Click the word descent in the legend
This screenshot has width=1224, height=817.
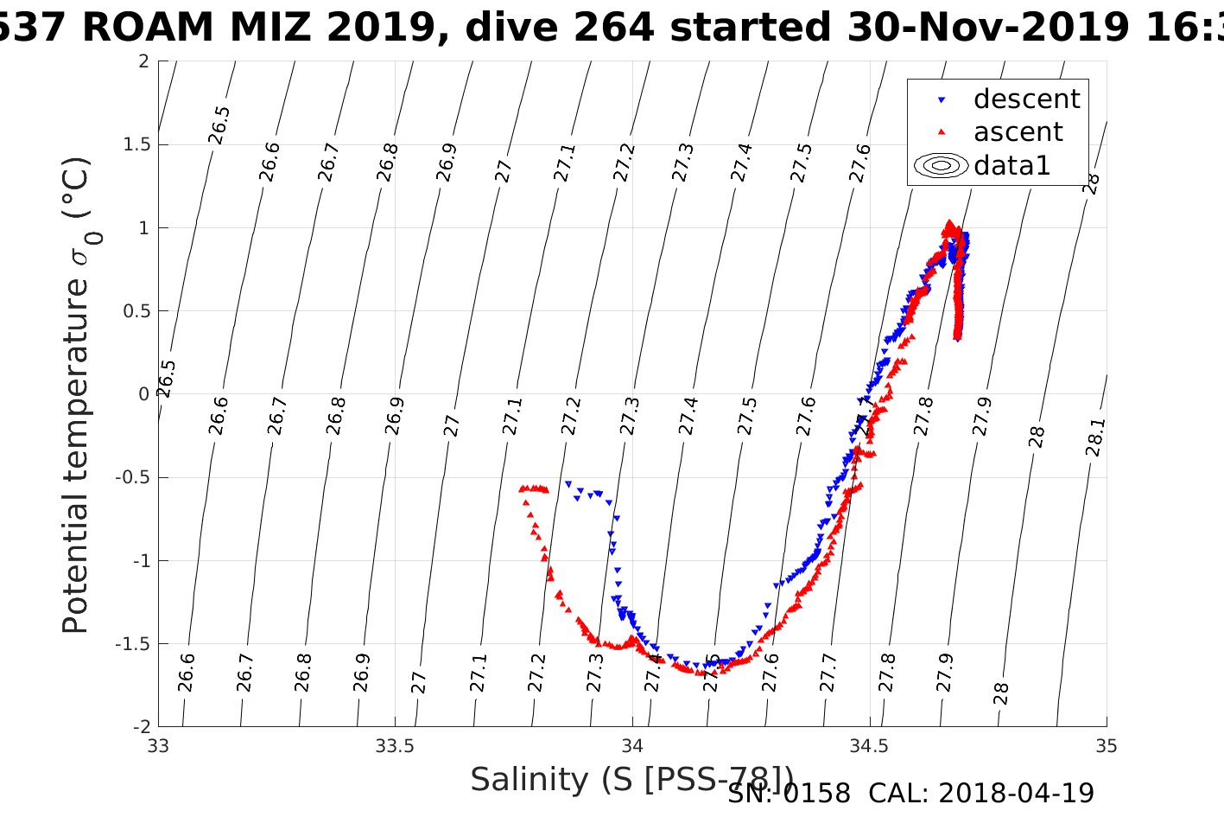tap(1026, 99)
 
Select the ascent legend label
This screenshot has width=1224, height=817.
tap(1018, 132)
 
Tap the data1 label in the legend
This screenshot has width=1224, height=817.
tap(1012, 165)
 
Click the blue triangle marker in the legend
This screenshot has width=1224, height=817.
tap(942, 100)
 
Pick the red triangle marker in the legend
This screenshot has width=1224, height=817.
tap(942, 132)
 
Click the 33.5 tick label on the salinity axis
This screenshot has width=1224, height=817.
tap(396, 746)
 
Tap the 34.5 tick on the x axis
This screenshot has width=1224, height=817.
tap(869, 746)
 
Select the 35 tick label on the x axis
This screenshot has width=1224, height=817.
tap(1106, 746)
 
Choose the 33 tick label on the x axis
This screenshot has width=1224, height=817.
tap(159, 746)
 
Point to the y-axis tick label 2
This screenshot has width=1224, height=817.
tap(143, 61)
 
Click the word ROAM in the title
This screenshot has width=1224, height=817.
tap(148, 28)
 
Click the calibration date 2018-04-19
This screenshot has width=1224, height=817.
tap(1016, 793)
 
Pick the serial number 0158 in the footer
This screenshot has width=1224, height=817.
tap(816, 793)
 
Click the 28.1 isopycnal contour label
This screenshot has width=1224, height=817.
tap(1094, 437)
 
